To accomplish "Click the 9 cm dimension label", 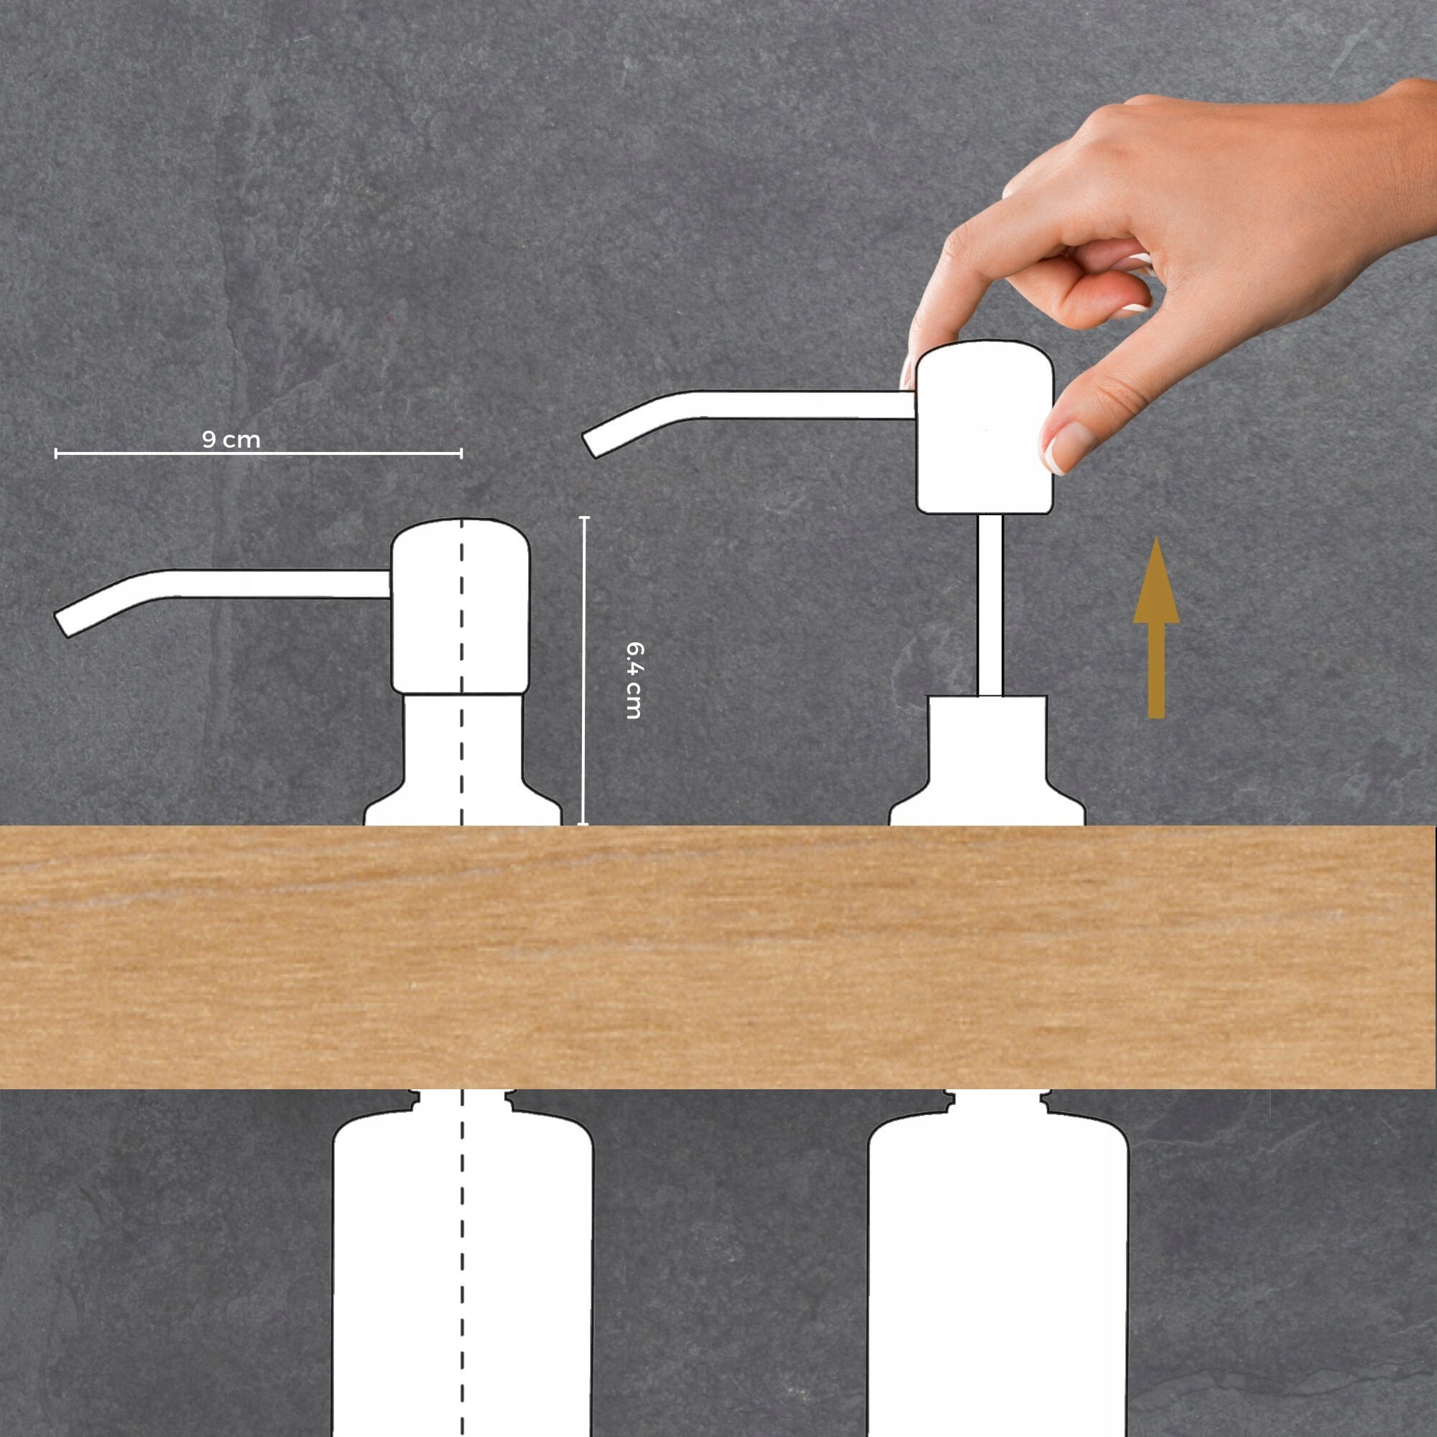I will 231,440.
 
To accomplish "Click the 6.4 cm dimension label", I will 634,680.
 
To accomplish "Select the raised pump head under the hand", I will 984,431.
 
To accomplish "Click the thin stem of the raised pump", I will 989,606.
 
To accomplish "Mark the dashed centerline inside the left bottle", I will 462,1265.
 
